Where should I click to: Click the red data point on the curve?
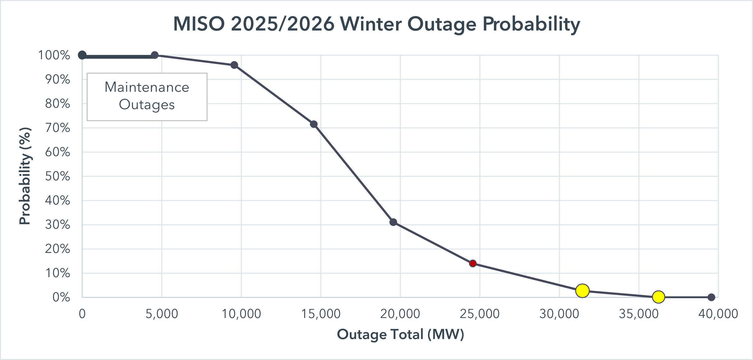point(472,263)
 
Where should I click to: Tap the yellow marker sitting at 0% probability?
point(658,297)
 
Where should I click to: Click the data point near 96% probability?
point(234,65)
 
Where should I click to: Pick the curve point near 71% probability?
point(314,124)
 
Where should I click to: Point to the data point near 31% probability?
point(393,222)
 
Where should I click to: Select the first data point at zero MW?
point(82,55)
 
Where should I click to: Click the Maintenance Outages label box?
point(147,97)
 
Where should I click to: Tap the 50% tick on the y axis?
point(58,176)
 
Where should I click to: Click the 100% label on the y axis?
point(54,55)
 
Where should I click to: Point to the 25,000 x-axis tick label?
point(480,314)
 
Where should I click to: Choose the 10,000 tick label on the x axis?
point(241,314)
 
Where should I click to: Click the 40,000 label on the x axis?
point(718,314)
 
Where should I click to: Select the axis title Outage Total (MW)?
point(400,335)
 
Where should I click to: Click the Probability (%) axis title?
point(25,176)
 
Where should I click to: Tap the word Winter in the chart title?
point(371,24)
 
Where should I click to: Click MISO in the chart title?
point(199,24)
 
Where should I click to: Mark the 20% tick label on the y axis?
point(58,249)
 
